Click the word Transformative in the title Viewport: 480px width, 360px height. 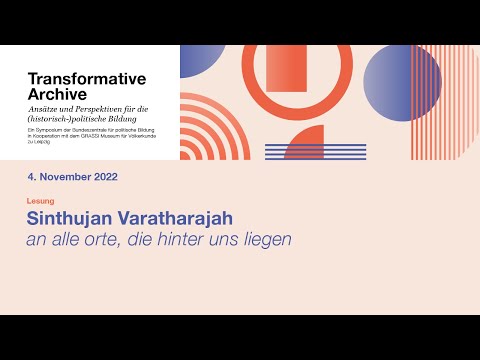86,78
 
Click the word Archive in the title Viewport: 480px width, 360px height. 58,94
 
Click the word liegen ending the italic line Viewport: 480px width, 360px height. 269,240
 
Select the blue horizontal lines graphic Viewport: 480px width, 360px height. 301,151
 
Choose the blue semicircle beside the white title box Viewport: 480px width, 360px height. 194,60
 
